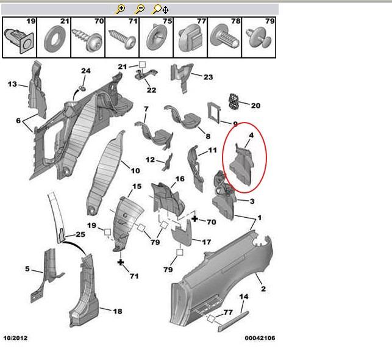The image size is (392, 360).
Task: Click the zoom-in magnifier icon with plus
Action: (121, 9)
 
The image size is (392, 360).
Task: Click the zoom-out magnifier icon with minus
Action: (140, 9)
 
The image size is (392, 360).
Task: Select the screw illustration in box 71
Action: (121, 41)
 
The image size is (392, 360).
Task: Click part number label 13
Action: (12, 84)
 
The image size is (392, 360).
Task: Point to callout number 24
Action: (85, 71)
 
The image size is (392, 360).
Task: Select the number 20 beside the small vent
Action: (255, 106)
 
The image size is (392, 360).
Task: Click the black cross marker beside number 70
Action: (194, 218)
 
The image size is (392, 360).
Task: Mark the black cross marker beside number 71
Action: (121, 262)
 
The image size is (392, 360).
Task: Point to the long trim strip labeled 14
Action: (233, 322)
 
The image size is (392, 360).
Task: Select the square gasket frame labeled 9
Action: (216, 112)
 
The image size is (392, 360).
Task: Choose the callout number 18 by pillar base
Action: (117, 311)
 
